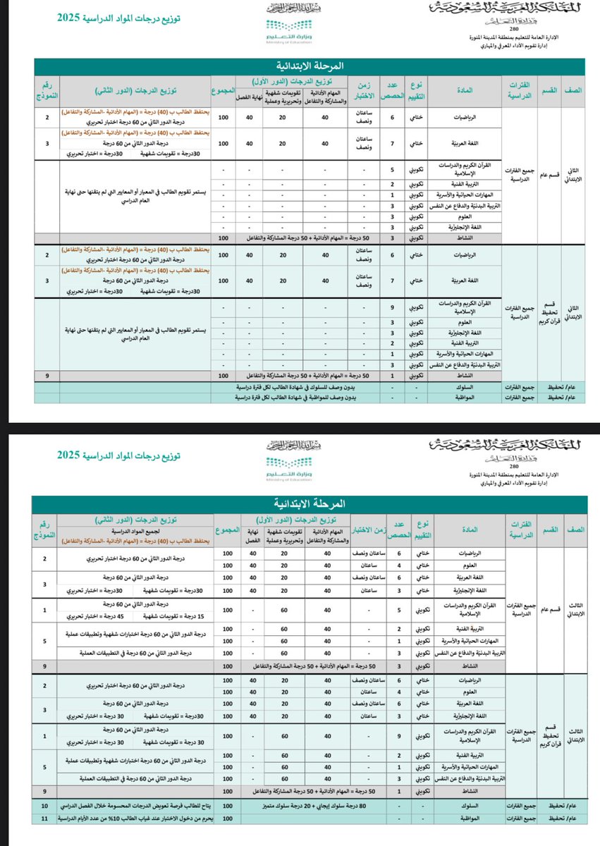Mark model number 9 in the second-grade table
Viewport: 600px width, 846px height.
click(x=46, y=376)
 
